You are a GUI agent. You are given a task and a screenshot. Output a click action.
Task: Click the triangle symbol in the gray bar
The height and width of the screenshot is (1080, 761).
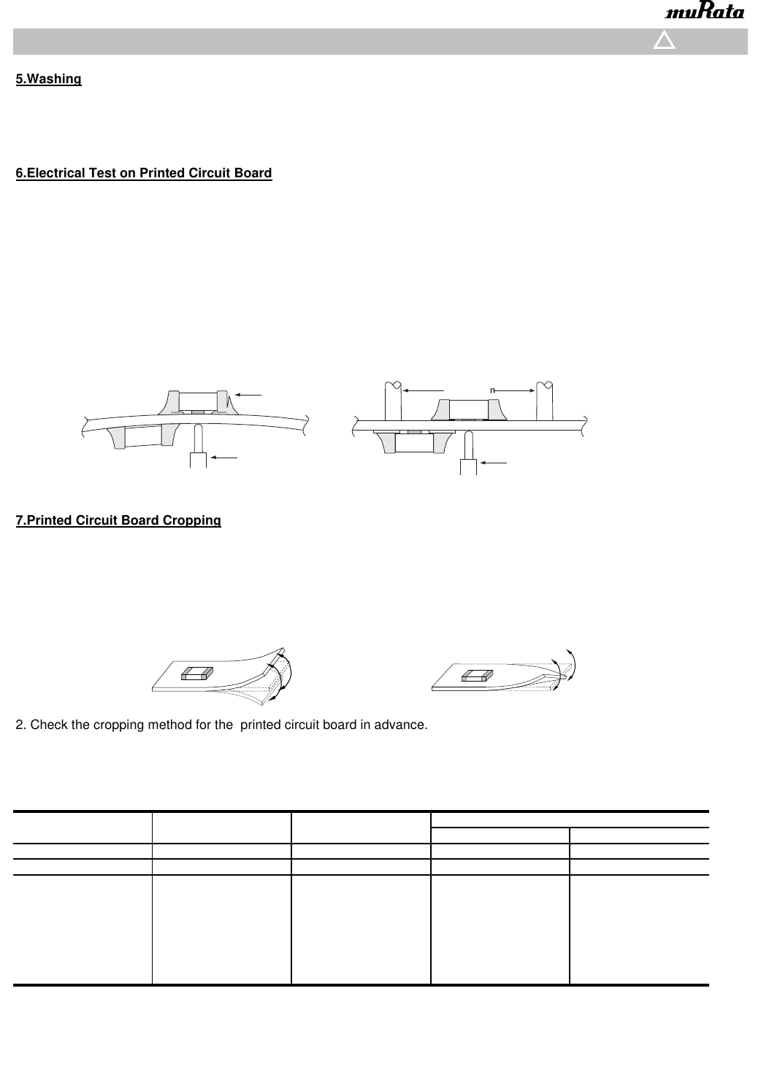pos(664,41)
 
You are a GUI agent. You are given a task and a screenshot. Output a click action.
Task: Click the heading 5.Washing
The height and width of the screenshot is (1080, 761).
pos(49,79)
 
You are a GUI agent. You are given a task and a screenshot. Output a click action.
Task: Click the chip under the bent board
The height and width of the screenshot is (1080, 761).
pos(143,436)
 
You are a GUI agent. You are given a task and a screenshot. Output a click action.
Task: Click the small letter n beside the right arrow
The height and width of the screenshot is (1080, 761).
pos(493,390)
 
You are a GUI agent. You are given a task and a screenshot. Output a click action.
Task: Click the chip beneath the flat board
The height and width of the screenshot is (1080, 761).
pos(414,442)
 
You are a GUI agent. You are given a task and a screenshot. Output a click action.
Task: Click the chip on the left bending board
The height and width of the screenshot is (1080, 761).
pos(197,673)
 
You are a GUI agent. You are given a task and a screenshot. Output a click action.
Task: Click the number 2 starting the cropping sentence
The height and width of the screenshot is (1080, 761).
pos(20,725)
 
